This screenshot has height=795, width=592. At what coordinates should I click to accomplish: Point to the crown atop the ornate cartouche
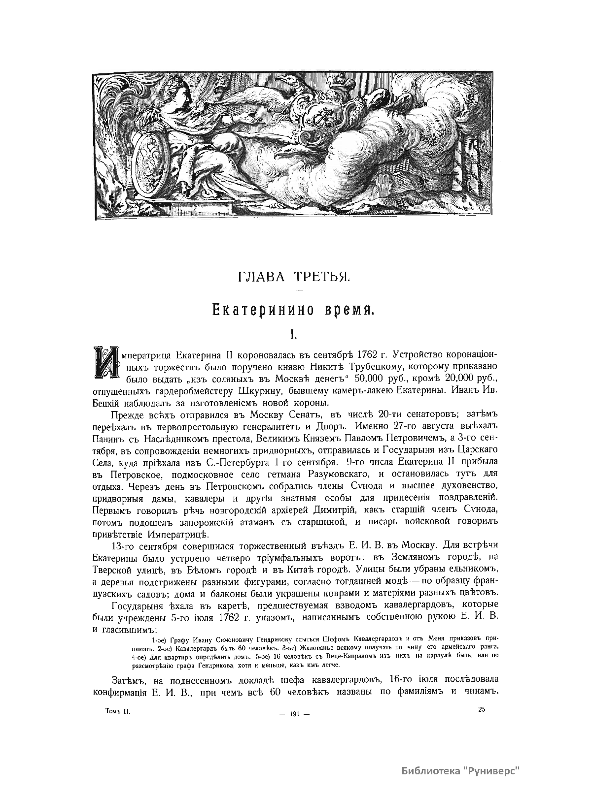click(340, 91)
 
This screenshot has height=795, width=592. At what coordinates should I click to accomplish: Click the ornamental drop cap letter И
click(105, 363)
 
